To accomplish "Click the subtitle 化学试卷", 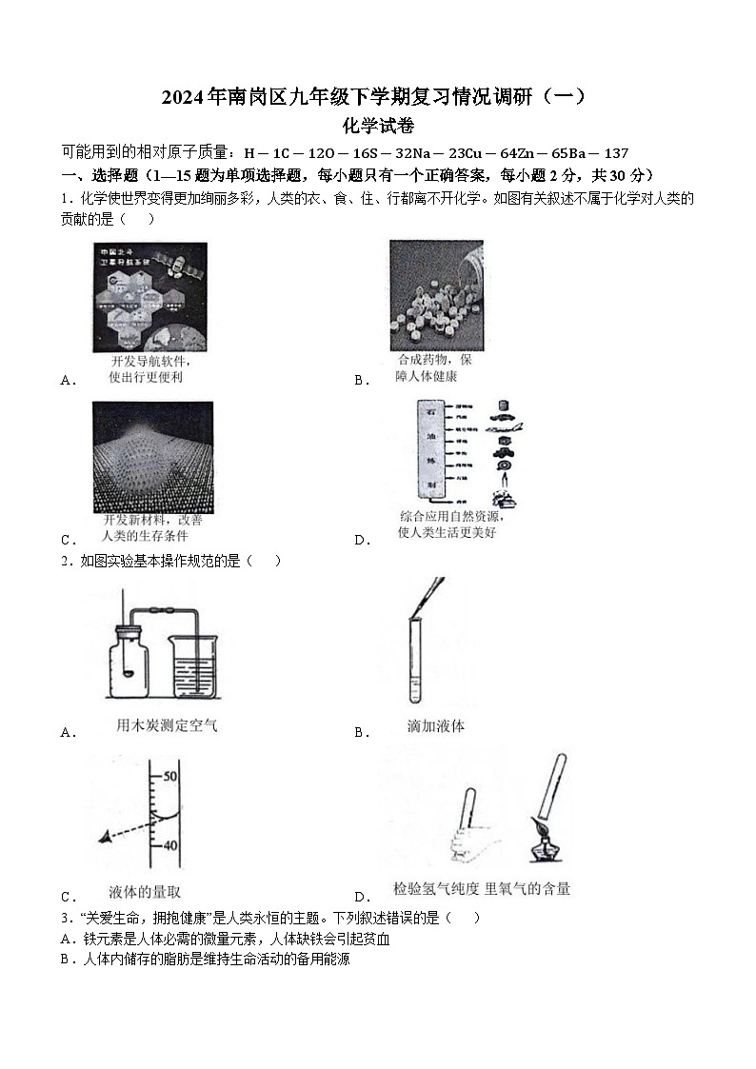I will click(x=378, y=125).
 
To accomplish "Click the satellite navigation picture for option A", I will click(x=149, y=297).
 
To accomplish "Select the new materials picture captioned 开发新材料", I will click(x=152, y=457).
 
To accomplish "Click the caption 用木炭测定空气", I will click(x=167, y=725).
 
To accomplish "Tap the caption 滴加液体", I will click(x=436, y=726).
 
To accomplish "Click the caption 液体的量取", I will click(x=145, y=892).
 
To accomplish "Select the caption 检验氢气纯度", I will click(x=438, y=889).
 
